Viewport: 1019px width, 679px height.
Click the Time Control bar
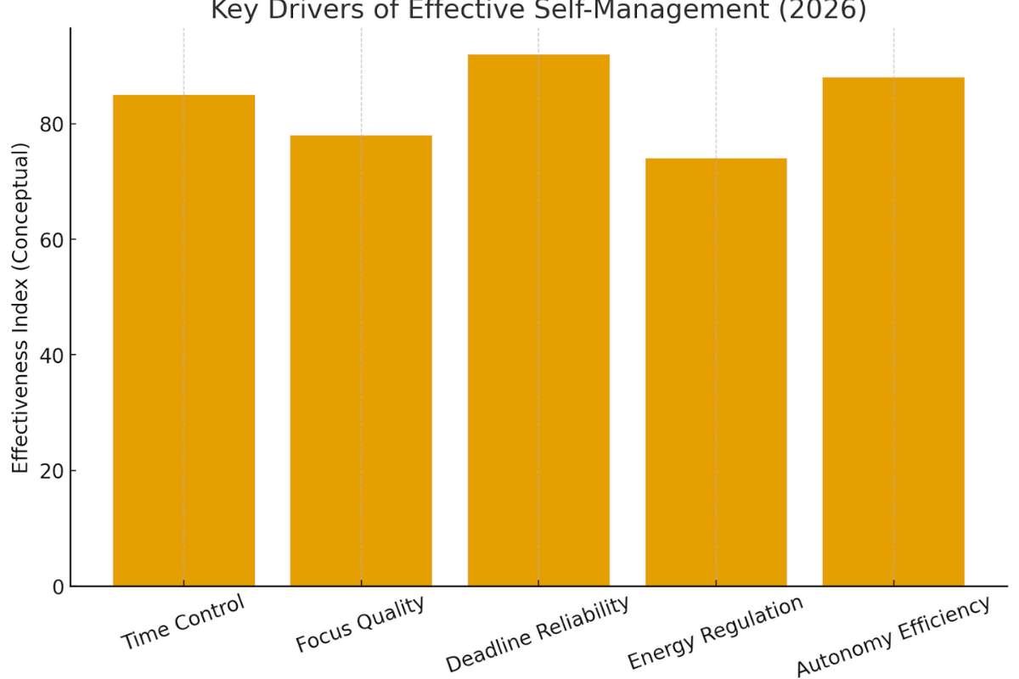pyautogui.click(x=183, y=339)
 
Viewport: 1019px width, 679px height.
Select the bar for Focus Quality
pyautogui.click(x=361, y=361)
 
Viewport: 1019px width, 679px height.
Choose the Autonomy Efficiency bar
pyautogui.click(x=893, y=331)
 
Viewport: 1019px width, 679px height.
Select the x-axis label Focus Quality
pyautogui.click(x=360, y=625)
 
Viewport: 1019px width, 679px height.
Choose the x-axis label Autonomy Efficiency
pyautogui.click(x=892, y=637)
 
